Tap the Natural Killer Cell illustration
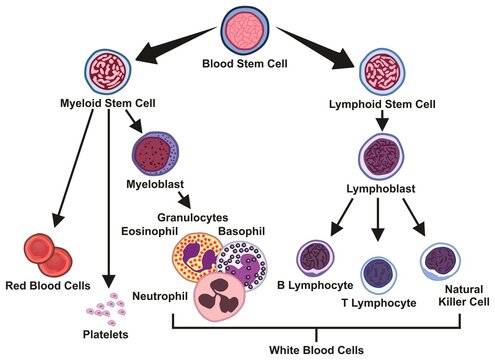click(x=441, y=262)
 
